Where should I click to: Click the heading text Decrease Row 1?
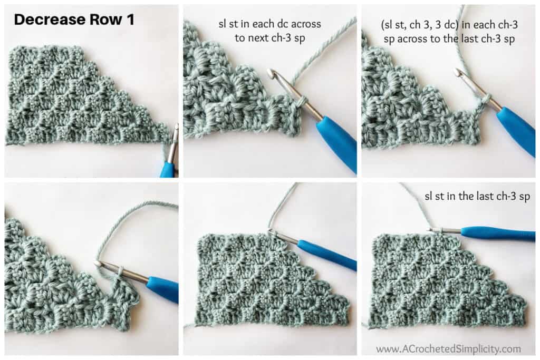[x=74, y=20]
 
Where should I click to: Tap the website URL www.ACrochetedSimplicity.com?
[x=448, y=348]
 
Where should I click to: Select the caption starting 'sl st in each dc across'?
[x=269, y=30]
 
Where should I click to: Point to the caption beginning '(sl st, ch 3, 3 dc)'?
[x=448, y=30]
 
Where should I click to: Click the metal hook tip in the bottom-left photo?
[x=99, y=262]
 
